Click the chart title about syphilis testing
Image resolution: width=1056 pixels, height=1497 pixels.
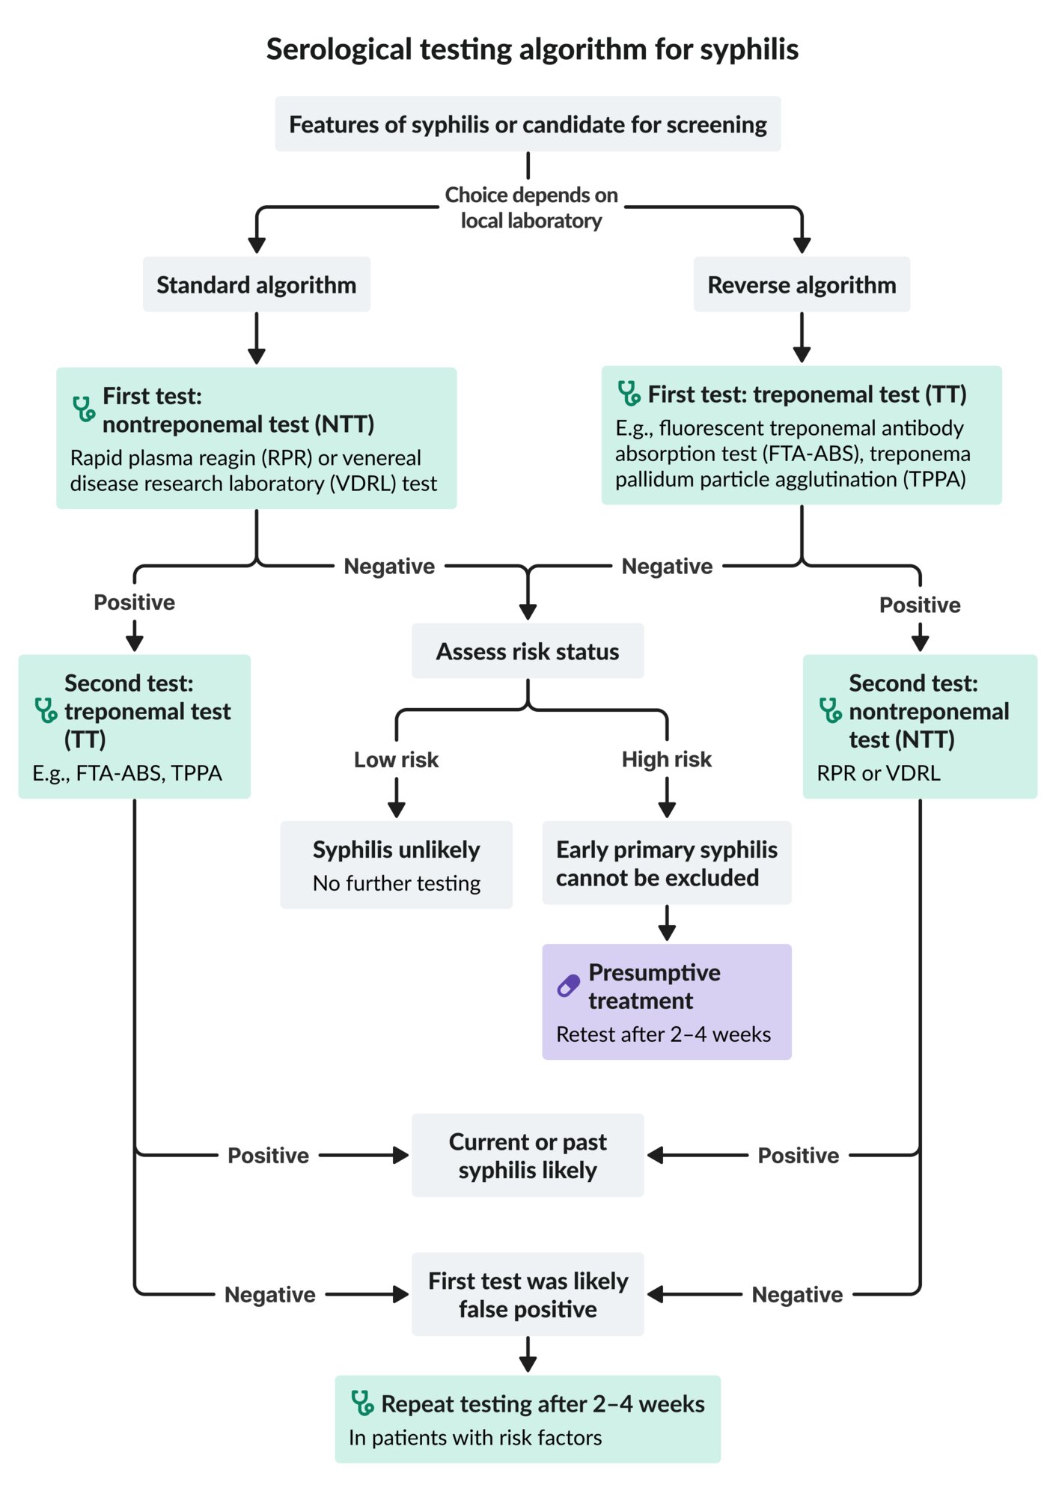click(x=532, y=49)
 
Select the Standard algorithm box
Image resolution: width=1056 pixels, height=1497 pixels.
click(x=257, y=284)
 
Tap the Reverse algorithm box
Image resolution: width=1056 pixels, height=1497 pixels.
click(x=802, y=284)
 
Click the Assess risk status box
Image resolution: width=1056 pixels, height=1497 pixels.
click(x=528, y=651)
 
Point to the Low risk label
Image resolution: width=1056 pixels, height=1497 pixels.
click(x=396, y=760)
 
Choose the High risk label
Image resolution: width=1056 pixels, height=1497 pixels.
click(x=667, y=760)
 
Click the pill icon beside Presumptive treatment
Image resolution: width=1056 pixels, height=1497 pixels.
click(x=569, y=986)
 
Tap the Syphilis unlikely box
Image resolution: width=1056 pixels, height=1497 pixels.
click(x=396, y=865)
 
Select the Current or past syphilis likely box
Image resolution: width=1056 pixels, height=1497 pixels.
click(x=528, y=1155)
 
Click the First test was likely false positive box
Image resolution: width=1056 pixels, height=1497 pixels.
click(x=528, y=1294)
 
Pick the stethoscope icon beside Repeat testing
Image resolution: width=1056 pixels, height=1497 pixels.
click(x=362, y=1403)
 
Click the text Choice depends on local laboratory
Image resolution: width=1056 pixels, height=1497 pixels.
click(x=531, y=207)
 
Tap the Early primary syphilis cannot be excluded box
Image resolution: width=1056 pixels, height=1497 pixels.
click(x=667, y=863)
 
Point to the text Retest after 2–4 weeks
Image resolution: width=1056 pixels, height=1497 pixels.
click(x=663, y=1034)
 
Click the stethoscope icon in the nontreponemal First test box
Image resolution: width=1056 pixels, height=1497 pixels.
click(x=84, y=409)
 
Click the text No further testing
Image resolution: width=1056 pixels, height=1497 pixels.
click(x=397, y=883)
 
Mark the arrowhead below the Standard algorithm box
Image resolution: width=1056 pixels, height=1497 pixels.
click(x=257, y=356)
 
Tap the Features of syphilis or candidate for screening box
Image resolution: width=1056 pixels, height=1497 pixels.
click(x=528, y=124)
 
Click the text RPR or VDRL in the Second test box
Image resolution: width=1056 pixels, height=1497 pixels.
click(x=879, y=773)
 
